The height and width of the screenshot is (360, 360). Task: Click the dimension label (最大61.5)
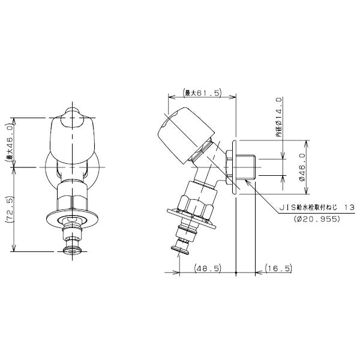click(202, 93)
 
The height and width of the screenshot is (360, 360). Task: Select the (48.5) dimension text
click(208, 268)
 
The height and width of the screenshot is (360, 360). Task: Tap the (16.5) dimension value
click(279, 268)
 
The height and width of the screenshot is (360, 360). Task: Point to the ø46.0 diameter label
click(302, 167)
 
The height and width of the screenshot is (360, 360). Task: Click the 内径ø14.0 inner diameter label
click(279, 117)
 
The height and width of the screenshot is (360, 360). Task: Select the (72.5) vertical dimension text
click(9, 209)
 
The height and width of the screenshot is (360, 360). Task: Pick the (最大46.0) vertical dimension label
click(9, 143)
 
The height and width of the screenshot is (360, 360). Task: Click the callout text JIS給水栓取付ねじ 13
click(317, 208)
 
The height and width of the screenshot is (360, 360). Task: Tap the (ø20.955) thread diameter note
click(317, 219)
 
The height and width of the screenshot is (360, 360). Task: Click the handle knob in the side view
click(187, 135)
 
